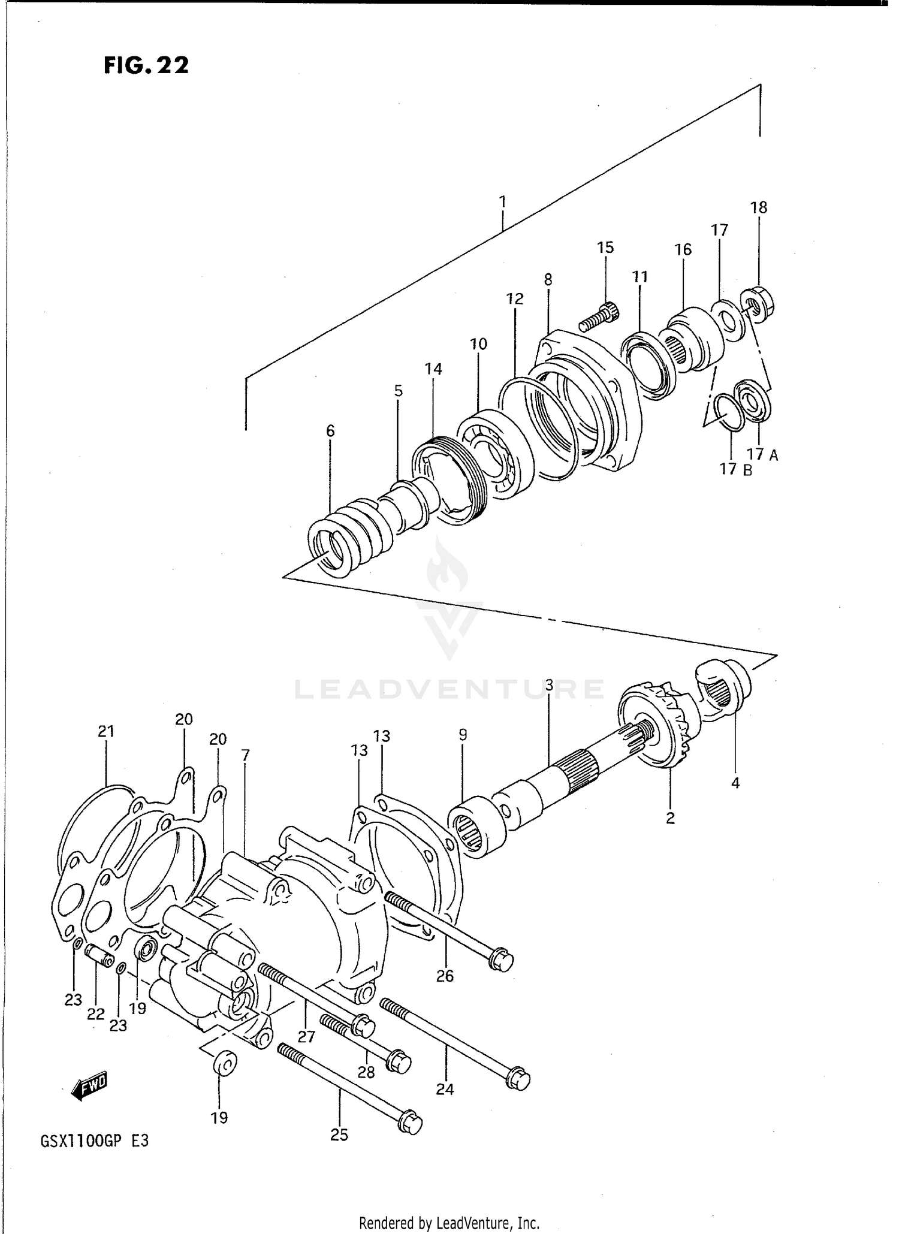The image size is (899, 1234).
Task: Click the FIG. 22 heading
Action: pyautogui.click(x=146, y=65)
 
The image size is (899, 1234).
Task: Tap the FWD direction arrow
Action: pyautogui.click(x=89, y=1087)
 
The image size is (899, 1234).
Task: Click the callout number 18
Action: pyautogui.click(x=758, y=207)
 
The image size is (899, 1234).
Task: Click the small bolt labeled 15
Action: pyautogui.click(x=600, y=317)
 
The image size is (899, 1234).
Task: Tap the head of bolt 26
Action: pyautogui.click(x=501, y=961)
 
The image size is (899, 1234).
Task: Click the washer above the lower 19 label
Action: pyautogui.click(x=225, y=1063)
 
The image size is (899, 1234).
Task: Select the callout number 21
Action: pyautogui.click(x=106, y=731)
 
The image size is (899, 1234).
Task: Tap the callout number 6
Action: pyautogui.click(x=330, y=431)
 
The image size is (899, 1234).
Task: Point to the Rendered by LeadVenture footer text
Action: pyautogui.click(x=449, y=1223)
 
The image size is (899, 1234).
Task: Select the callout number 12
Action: pyautogui.click(x=515, y=298)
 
